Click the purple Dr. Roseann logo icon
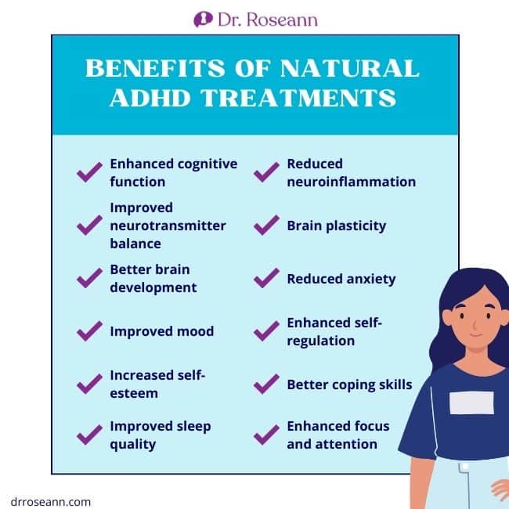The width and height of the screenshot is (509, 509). pyautogui.click(x=204, y=20)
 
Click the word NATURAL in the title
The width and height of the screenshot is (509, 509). pyautogui.click(x=349, y=68)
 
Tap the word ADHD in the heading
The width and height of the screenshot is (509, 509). pyautogui.click(x=150, y=98)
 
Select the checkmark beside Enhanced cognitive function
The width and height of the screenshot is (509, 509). pyautogui.click(x=89, y=172)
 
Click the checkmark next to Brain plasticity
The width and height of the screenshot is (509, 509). pyautogui.click(x=266, y=225)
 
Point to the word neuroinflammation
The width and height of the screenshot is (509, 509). pyautogui.click(x=352, y=182)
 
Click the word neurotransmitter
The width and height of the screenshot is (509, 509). pyautogui.click(x=168, y=226)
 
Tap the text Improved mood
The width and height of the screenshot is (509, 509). pyautogui.click(x=162, y=331)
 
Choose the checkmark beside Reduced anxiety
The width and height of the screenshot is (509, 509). pyautogui.click(x=266, y=278)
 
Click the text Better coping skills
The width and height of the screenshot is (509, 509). pyautogui.click(x=349, y=384)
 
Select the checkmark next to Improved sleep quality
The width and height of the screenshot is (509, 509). pyautogui.click(x=89, y=435)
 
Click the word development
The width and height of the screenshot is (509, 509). pyautogui.click(x=153, y=288)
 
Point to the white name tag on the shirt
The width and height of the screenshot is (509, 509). pyautogui.click(x=471, y=403)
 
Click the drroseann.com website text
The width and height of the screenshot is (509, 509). pyautogui.click(x=51, y=501)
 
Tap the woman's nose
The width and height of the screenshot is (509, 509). pyautogui.click(x=474, y=323)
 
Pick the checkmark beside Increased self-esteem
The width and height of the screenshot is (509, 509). pyautogui.click(x=89, y=384)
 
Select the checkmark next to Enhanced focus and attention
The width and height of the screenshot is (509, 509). pyautogui.click(x=266, y=435)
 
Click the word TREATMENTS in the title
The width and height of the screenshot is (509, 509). pyautogui.click(x=298, y=98)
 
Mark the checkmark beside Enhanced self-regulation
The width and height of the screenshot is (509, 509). pyautogui.click(x=266, y=330)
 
